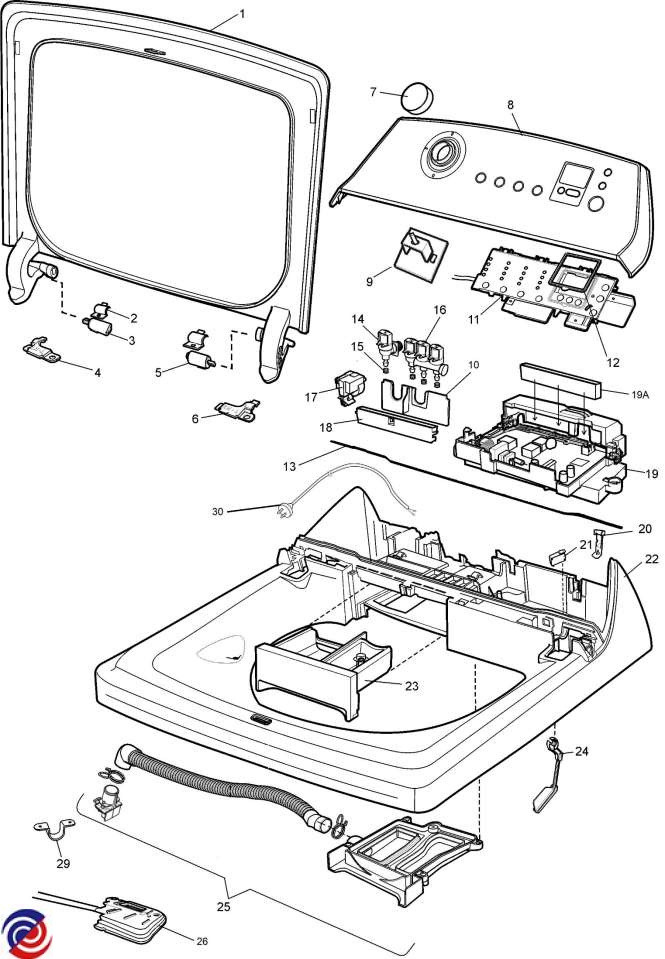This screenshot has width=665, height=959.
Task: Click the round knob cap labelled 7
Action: tap(416, 97)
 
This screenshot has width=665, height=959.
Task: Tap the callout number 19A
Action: tap(640, 395)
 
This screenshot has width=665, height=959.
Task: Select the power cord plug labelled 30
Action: tap(284, 508)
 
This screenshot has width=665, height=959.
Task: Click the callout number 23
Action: tap(412, 686)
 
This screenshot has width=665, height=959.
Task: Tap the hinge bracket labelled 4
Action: tap(42, 349)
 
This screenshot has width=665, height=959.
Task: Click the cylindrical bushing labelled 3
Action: tap(97, 325)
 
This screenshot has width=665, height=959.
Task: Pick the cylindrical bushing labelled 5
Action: tap(199, 359)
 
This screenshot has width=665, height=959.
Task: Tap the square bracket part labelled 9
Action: tap(420, 251)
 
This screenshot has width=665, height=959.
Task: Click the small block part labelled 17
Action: tap(349, 388)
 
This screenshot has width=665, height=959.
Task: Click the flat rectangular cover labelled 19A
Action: tap(561, 380)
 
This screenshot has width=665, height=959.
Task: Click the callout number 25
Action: tap(224, 905)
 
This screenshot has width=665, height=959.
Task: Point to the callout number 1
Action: tap(242, 13)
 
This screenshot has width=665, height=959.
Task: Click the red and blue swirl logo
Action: tap(26, 934)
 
